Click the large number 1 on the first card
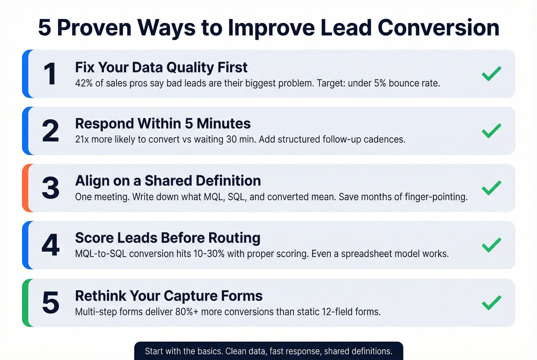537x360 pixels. click(x=50, y=74)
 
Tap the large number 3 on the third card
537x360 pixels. click(x=51, y=188)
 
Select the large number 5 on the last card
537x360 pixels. click(x=51, y=303)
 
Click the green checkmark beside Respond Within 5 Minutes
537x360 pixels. click(x=491, y=131)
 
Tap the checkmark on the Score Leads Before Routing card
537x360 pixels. click(x=491, y=245)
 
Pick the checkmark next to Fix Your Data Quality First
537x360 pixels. click(x=491, y=74)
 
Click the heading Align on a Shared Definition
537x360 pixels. click(x=168, y=181)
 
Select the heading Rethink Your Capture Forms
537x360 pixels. click(x=169, y=296)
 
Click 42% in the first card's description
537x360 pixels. click(x=84, y=83)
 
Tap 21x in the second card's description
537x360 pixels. click(x=82, y=139)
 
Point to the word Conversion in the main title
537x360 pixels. click(x=438, y=28)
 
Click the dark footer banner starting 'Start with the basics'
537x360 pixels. click(x=268, y=351)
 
